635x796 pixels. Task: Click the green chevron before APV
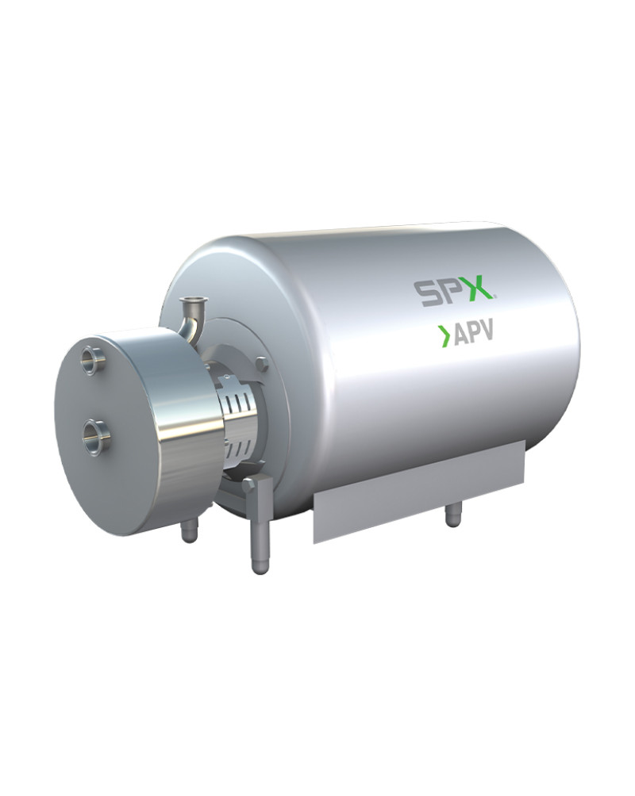pyautogui.click(x=444, y=337)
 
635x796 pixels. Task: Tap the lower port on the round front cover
pyautogui.click(x=95, y=431)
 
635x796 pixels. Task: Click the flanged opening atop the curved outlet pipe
pyautogui.click(x=192, y=303)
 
